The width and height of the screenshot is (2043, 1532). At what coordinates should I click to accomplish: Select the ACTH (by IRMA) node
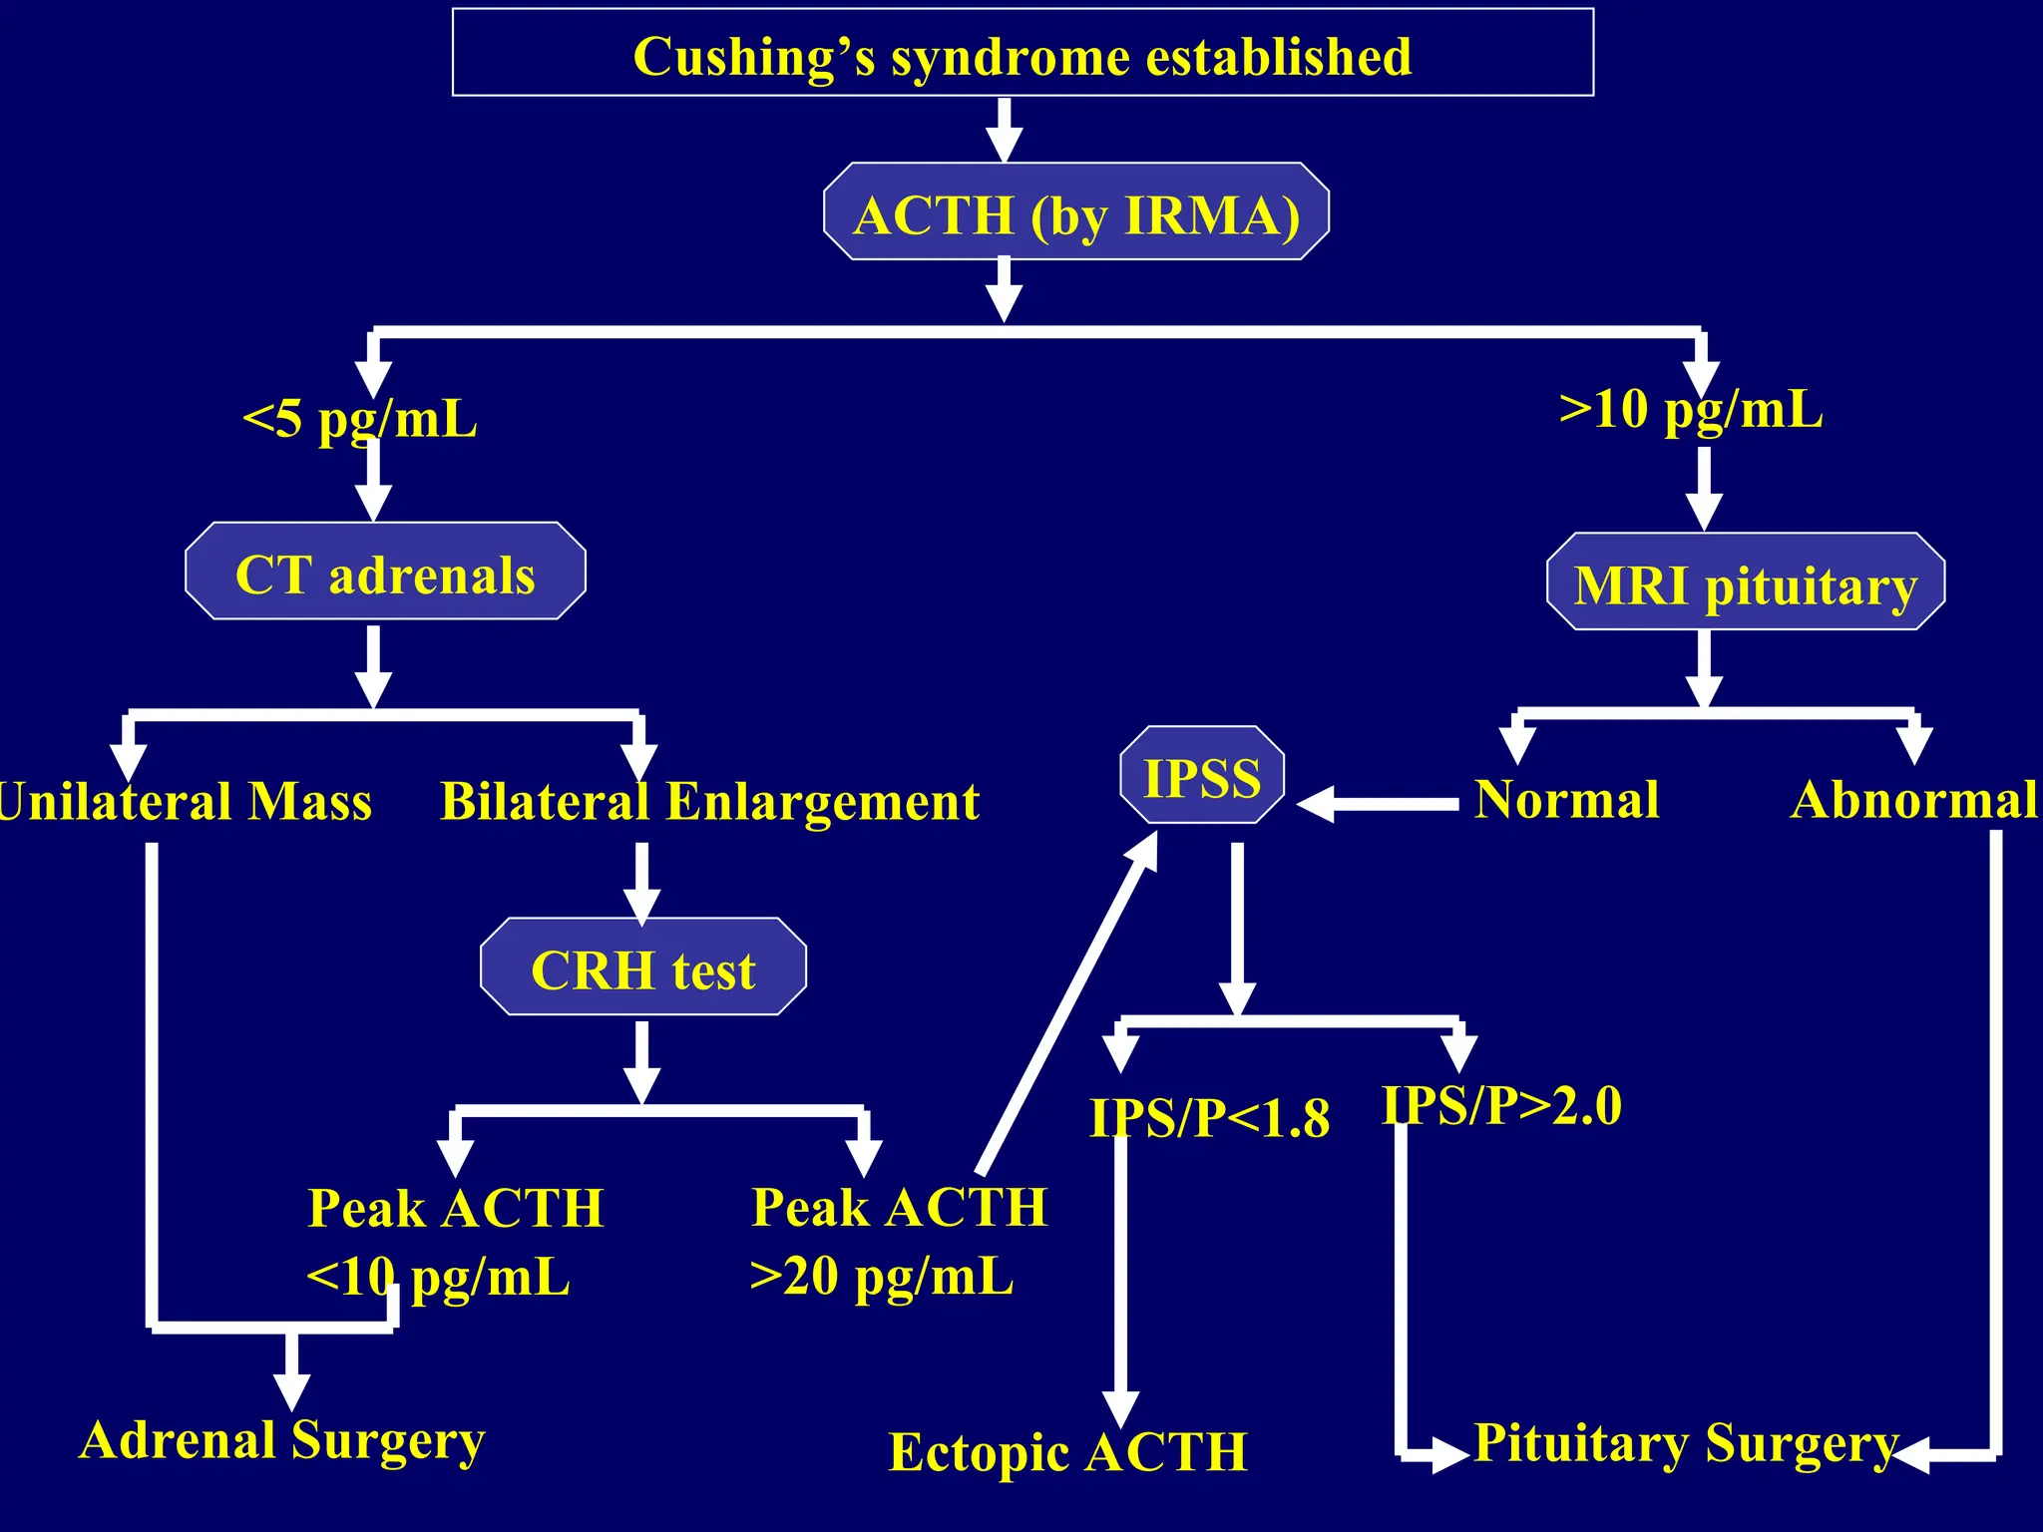1075,212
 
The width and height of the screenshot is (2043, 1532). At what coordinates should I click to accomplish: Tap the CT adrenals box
385,573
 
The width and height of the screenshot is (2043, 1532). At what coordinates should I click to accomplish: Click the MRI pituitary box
1745,582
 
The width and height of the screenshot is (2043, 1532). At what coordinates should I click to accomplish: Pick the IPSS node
1202,776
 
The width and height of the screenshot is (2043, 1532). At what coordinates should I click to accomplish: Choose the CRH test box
642,967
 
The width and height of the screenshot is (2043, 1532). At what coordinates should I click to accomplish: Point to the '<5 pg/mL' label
359,416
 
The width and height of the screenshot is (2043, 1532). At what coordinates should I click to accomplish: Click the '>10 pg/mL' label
1691,407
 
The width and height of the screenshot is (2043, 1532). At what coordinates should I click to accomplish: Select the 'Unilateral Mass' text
185,801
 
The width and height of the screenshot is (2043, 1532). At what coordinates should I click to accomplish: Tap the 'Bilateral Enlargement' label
709,801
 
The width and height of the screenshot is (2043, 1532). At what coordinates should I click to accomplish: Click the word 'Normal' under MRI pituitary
1566,799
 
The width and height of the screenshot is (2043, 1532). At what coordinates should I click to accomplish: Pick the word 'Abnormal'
1913,799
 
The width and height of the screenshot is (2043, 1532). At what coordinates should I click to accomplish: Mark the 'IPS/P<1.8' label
1208,1117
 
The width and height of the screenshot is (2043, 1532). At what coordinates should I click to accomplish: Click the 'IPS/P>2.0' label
1501,1105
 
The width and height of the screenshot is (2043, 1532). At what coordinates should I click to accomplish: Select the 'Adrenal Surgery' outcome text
282,1439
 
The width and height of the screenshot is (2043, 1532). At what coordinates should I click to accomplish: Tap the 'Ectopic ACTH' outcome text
1067,1451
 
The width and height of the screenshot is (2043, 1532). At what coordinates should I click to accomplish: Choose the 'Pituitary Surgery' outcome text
1685,1442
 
